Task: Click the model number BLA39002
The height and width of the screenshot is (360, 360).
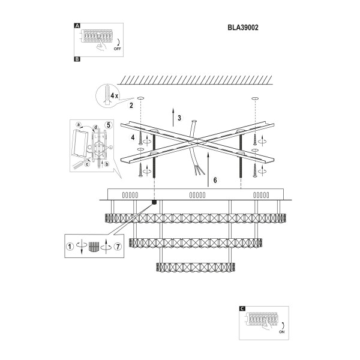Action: pos(243,28)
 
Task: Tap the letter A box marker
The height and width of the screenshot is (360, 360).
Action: pos(77,26)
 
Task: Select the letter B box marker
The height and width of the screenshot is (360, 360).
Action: pos(77,59)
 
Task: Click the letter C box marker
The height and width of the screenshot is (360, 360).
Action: pos(242,309)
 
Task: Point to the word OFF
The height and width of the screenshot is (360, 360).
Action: pos(117,49)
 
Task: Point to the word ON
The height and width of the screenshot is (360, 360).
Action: pos(282,332)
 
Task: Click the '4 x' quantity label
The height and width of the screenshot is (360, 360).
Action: pos(114,95)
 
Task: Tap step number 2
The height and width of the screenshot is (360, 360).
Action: pos(131,106)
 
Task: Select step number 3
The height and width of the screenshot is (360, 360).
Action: pos(179,118)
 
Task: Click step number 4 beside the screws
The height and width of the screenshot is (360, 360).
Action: pos(133,137)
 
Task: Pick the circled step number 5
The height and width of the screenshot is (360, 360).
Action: pos(109,125)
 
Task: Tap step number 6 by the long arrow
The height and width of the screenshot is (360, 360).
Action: pos(215,180)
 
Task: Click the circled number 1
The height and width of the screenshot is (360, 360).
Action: pos(70,247)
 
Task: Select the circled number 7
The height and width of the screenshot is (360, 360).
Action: pos(118,247)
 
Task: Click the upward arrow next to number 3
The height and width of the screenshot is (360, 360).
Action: pos(173,116)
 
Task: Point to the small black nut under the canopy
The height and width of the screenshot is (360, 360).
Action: pos(155,202)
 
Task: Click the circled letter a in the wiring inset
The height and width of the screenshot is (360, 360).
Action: pos(79,125)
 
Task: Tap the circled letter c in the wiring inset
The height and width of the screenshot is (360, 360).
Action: pos(87,164)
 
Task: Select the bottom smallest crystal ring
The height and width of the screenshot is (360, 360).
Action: pos(196,268)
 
